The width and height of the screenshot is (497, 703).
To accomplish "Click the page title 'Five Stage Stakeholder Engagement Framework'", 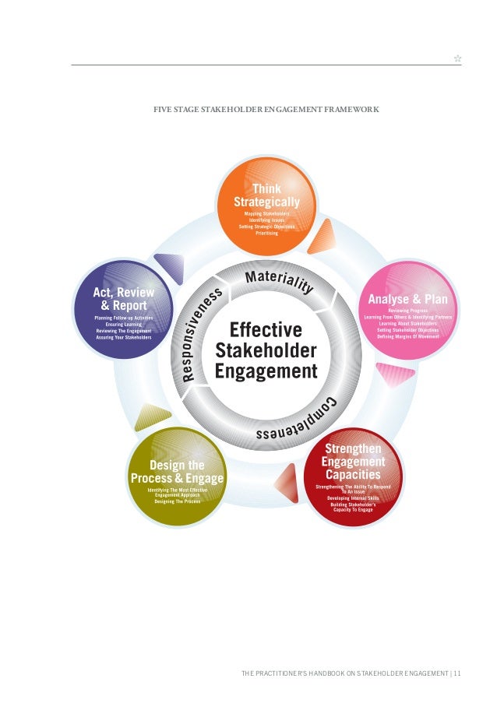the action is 266,110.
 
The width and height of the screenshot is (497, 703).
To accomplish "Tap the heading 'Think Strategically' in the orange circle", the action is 266,195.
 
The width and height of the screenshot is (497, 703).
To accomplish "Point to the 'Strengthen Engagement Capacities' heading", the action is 353,462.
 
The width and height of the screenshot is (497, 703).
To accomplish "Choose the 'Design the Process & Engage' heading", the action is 177,472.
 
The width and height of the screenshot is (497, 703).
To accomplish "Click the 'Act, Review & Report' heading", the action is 124,299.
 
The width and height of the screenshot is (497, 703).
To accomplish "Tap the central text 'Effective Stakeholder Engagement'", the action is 266,350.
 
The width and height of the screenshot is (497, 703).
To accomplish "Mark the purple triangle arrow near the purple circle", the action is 170,268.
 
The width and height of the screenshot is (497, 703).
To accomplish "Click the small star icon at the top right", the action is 457,58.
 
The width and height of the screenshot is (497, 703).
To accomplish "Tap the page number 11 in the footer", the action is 456,673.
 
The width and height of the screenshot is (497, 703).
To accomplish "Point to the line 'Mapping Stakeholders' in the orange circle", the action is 266,213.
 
